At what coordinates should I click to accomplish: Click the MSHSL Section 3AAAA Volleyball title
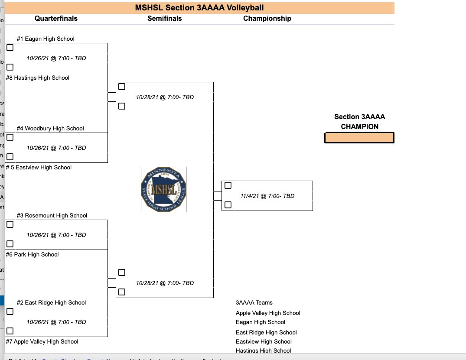pos(199,8)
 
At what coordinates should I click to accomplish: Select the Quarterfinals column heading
pos(56,18)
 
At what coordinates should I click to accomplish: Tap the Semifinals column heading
pos(164,18)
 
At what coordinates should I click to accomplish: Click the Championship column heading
pos(267,18)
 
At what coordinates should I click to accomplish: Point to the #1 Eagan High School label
pos(46,39)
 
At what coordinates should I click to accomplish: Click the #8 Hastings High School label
pos(37,78)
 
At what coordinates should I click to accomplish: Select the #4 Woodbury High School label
pos(50,128)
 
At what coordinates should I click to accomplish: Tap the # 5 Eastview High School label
pos(39,167)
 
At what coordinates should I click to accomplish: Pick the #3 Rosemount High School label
pos(52,215)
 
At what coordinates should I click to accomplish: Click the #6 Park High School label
pos(32,254)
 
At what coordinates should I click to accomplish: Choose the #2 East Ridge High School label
pos(51,302)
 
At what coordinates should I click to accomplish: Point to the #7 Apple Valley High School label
pos(42,341)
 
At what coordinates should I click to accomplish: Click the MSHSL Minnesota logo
pos(163,189)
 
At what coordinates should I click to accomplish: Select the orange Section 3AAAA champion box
pos(359,138)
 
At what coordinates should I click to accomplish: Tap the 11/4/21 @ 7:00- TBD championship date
pos(267,196)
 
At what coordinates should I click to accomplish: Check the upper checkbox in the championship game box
pos(228,185)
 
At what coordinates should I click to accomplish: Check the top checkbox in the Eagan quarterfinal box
pos(10,48)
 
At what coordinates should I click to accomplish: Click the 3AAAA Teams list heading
pos(254,302)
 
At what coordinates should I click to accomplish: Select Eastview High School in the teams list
pos(264,341)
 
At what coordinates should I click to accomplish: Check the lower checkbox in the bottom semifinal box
pos(122,292)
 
